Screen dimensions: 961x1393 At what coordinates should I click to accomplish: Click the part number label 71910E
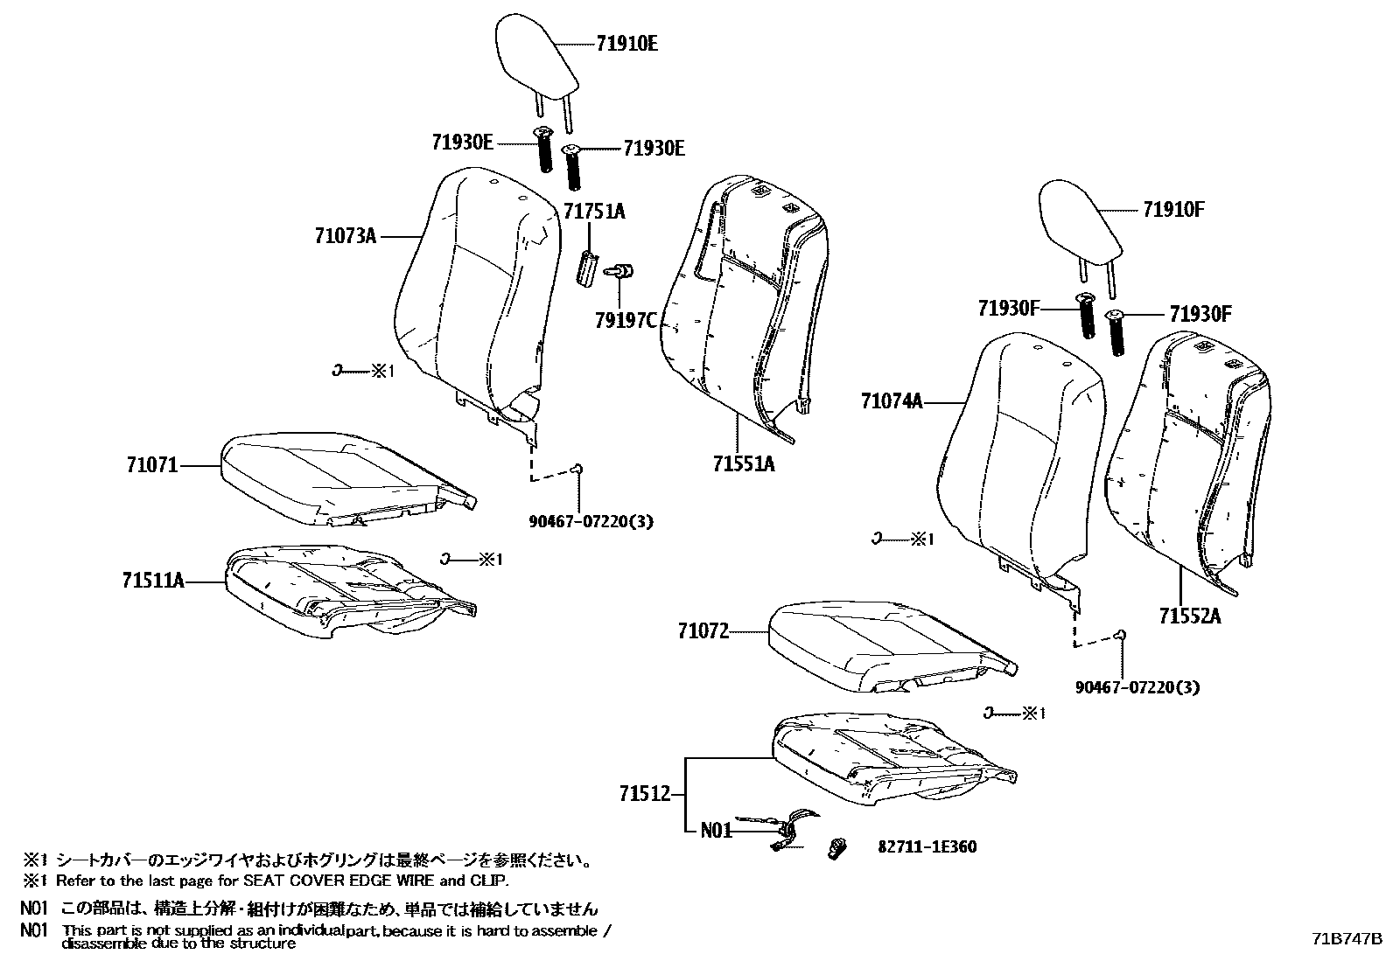[x=626, y=43]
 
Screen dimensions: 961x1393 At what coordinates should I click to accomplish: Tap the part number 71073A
[x=346, y=236]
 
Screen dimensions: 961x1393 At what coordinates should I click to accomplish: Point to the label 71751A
[x=594, y=212]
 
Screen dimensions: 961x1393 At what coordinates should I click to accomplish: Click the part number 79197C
[x=625, y=321]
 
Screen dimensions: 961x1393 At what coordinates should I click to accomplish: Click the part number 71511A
[x=153, y=581]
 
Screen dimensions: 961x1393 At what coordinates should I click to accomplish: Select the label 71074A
[x=892, y=401]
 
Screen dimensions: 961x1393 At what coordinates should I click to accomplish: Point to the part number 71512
[x=645, y=794]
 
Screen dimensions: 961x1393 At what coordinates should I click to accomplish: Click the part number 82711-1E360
[x=927, y=846]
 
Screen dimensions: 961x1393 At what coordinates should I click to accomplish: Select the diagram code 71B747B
[x=1347, y=939]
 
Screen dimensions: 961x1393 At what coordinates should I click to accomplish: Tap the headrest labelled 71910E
[x=535, y=57]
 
